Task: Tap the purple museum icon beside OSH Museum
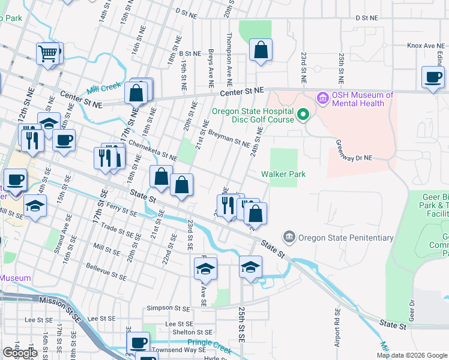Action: [x=322, y=97]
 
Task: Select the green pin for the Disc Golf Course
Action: [x=303, y=113]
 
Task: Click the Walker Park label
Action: [x=283, y=174]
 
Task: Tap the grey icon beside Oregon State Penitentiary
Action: [x=289, y=236]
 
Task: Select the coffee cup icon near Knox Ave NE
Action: [x=432, y=76]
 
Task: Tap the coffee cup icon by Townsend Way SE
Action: [x=139, y=342]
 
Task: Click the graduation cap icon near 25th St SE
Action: [x=250, y=266]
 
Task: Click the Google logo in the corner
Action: [x=20, y=353]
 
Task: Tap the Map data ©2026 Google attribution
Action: [x=412, y=355]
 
